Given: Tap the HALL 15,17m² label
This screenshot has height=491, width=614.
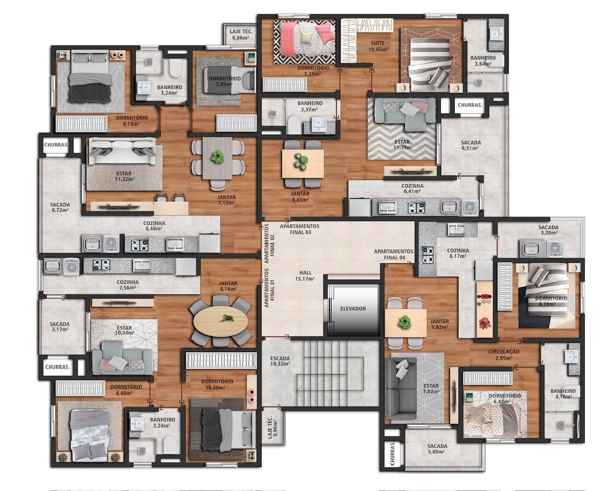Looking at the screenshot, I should point(305,276).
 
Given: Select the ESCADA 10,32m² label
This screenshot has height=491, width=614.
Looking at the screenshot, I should point(280,361).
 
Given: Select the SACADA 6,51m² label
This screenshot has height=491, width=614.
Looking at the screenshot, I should point(471,145).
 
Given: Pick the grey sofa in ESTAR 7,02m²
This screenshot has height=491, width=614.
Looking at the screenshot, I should point(401,387).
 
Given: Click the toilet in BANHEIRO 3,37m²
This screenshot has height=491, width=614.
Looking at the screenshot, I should point(292,126).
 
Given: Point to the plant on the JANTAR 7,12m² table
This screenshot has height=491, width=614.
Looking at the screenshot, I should point(218,157).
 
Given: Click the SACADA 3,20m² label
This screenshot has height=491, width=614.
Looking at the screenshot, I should point(548,230).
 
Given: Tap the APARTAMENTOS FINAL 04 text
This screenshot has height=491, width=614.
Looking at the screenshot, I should point(393,254).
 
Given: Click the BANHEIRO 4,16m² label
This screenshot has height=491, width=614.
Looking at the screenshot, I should point(563,394).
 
